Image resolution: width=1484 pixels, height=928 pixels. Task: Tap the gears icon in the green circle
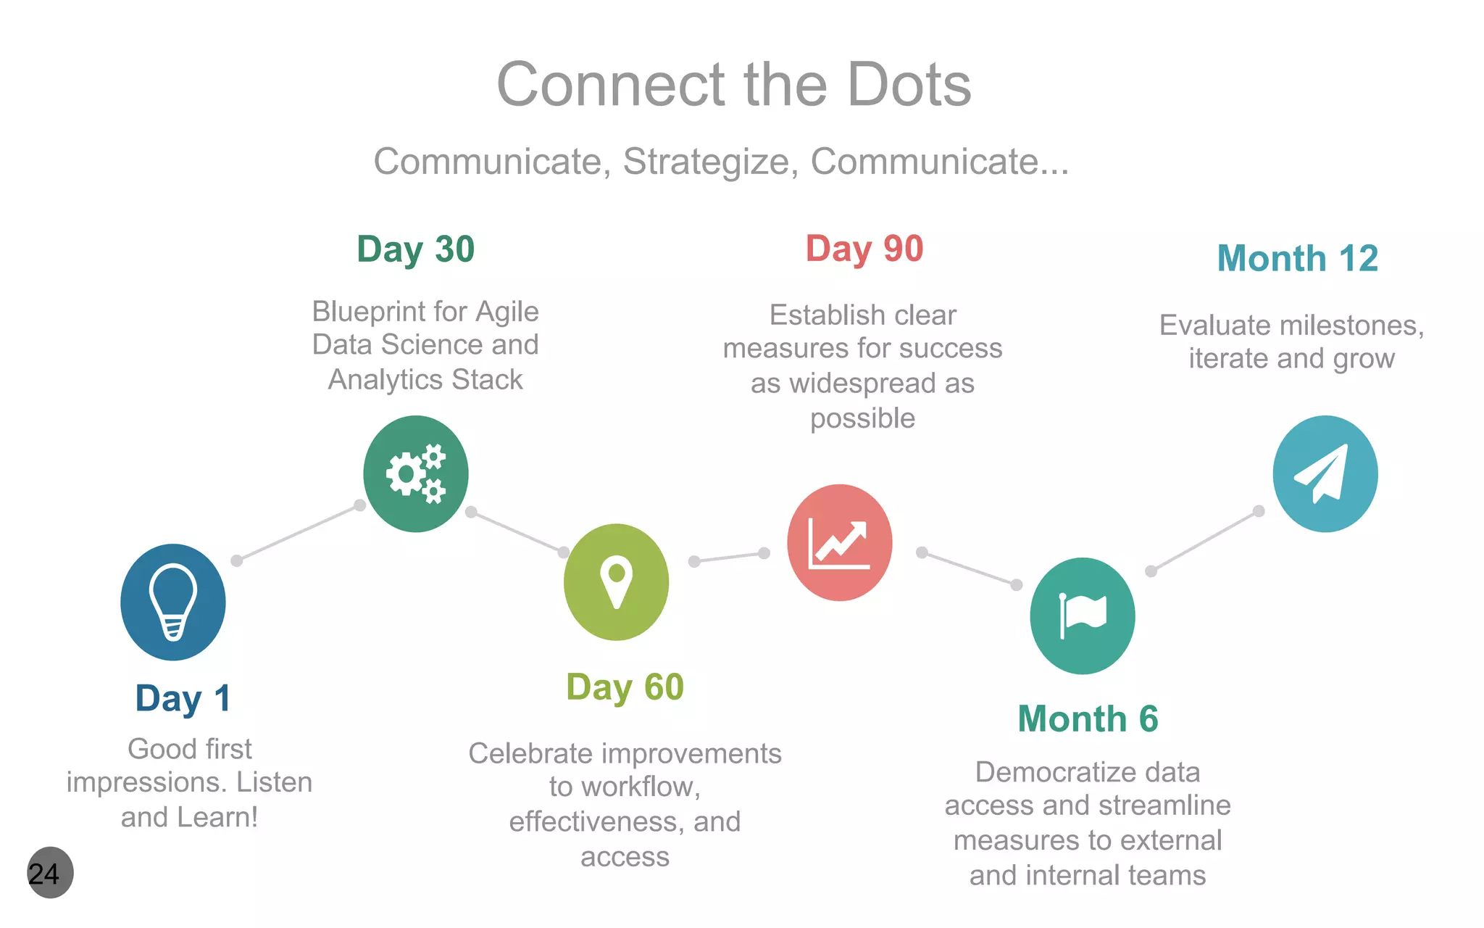click(x=416, y=473)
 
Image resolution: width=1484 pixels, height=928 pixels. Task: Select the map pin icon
click(x=616, y=581)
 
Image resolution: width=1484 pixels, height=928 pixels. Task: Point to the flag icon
click(x=1083, y=616)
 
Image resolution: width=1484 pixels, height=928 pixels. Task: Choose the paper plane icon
click(x=1325, y=473)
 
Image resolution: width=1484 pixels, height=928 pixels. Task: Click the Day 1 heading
click(x=183, y=699)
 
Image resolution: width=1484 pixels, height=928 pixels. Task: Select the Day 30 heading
click(x=415, y=250)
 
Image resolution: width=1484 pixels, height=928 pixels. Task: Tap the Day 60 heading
click(x=625, y=687)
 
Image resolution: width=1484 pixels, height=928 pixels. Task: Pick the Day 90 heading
click(x=864, y=249)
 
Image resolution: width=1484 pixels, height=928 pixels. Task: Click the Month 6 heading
click(x=1088, y=719)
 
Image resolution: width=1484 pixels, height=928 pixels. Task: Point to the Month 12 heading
click(x=1297, y=259)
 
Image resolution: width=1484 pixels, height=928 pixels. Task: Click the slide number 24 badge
click(x=49, y=873)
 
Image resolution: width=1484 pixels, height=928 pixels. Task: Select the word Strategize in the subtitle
click(x=706, y=162)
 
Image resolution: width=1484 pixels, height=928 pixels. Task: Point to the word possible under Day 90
click(x=862, y=418)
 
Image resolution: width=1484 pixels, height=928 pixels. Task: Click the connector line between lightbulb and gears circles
click(x=298, y=533)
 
